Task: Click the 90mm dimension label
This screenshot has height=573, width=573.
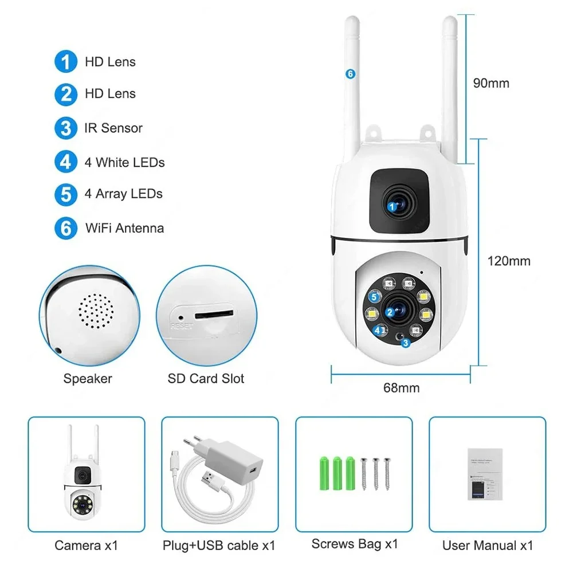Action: tap(490, 83)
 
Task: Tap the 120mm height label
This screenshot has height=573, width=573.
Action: tap(509, 261)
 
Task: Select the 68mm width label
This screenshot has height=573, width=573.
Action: tap(401, 388)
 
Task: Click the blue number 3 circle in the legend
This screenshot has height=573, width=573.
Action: tap(66, 128)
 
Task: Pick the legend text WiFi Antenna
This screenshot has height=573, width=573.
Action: tap(124, 228)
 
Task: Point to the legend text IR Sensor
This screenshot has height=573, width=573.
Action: tap(113, 128)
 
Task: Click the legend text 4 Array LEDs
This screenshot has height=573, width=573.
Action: tap(123, 194)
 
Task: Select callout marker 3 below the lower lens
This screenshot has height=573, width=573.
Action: tap(405, 343)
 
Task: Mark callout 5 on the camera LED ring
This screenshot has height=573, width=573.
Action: tap(374, 297)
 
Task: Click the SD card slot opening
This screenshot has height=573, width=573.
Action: tap(213, 313)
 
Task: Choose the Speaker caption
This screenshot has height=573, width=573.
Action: tap(88, 379)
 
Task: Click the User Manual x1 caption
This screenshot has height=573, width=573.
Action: tap(488, 545)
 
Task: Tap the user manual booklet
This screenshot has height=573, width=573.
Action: tap(486, 475)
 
